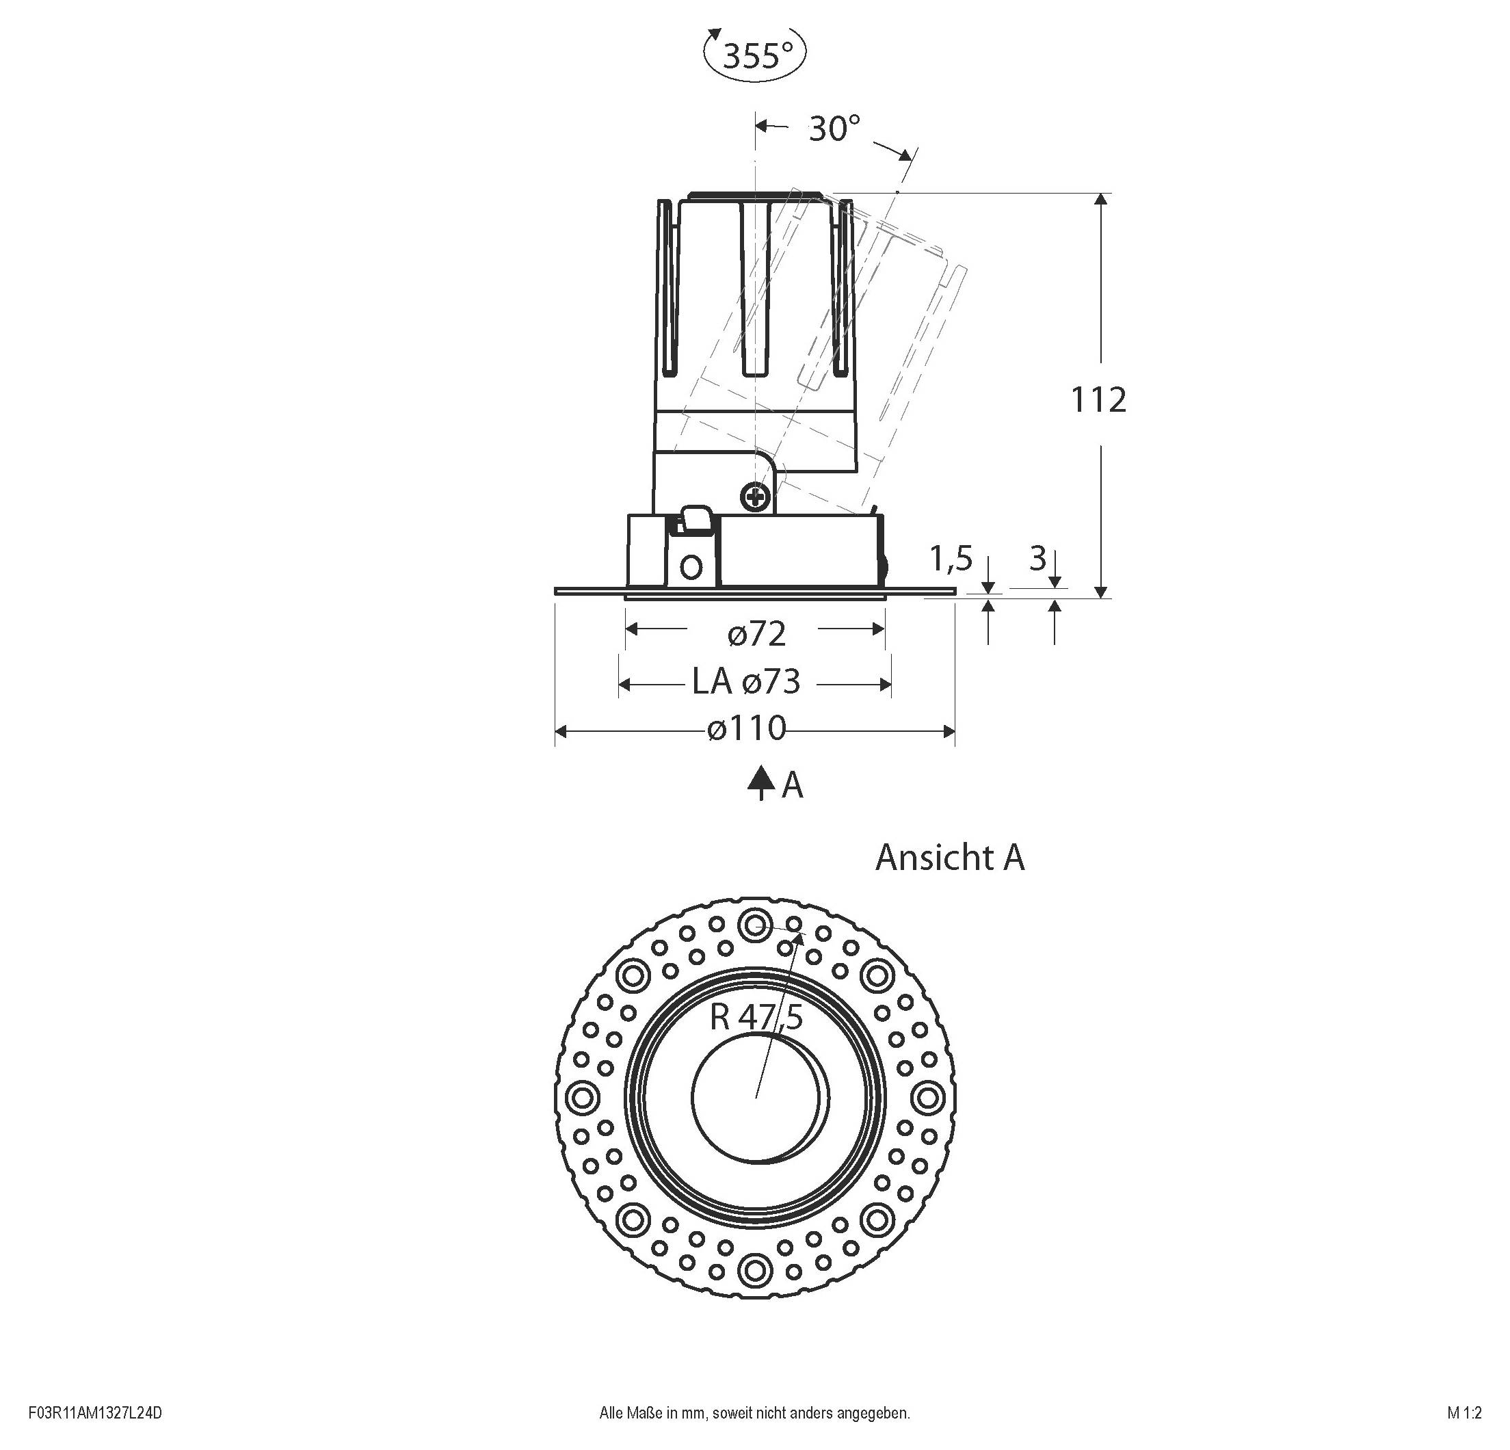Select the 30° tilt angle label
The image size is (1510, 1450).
(834, 128)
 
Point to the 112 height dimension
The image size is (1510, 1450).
(1098, 400)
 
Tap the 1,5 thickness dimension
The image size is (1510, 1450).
(951, 559)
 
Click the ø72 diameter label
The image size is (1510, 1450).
(756, 634)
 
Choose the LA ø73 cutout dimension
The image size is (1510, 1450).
(745, 682)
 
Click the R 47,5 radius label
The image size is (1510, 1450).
(756, 1018)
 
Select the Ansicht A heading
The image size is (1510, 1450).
(949, 858)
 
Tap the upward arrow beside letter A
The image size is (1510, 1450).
(761, 785)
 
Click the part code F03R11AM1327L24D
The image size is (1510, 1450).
(96, 1413)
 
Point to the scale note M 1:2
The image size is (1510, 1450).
(1463, 1413)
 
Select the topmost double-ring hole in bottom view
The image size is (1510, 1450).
(754, 924)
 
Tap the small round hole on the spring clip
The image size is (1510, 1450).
(692, 568)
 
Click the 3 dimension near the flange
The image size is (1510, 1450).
(1037, 559)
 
